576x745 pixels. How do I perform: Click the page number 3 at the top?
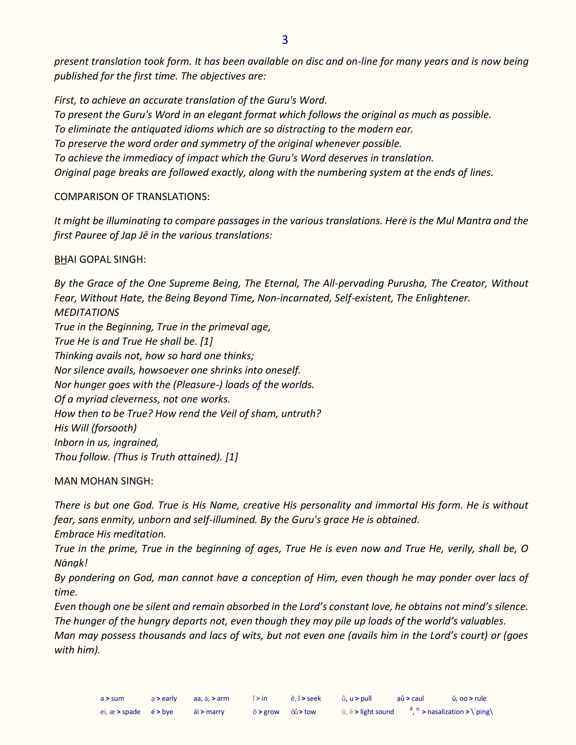[285, 40]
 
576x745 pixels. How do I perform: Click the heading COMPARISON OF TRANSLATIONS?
[132, 197]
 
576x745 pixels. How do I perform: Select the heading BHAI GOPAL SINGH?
[100, 260]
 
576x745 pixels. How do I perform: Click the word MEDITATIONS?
[87, 312]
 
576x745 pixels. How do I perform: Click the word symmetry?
[222, 144]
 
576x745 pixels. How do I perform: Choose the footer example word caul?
[418, 698]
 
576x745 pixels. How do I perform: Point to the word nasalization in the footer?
[445, 712]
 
